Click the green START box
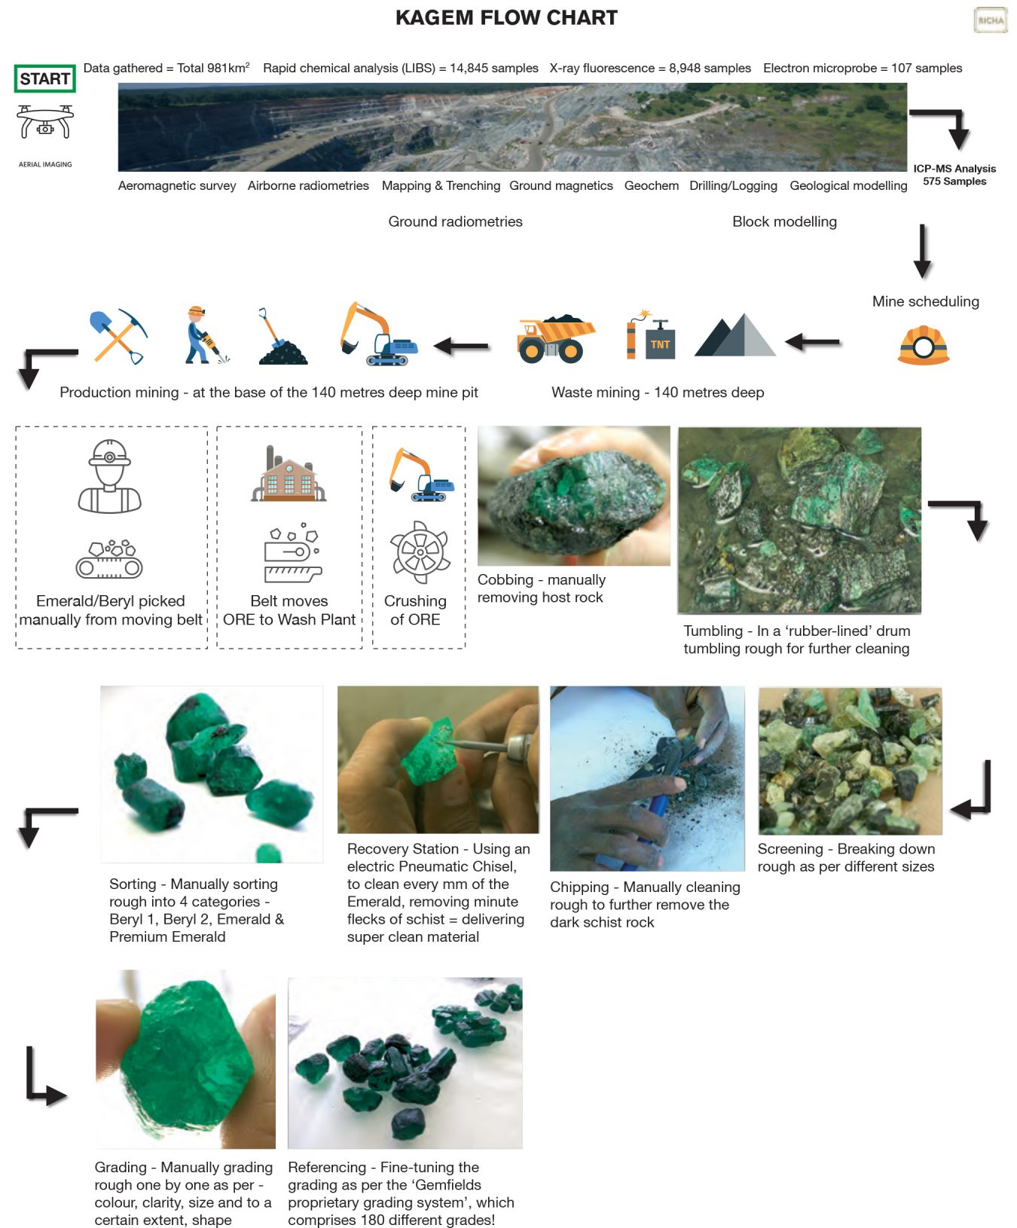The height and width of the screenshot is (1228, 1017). point(45,78)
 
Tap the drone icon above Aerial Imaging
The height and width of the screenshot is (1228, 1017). point(45,122)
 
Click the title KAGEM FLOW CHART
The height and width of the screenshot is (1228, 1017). point(506,18)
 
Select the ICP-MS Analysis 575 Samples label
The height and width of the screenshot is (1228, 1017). point(954,175)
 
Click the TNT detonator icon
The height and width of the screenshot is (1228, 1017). point(651,337)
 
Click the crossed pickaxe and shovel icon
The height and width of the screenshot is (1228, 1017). point(118,336)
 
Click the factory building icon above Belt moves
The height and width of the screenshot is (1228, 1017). point(289,474)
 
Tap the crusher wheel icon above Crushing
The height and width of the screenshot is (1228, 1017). point(419,551)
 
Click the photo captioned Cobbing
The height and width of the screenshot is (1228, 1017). point(573,496)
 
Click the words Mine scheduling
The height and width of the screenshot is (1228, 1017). point(925,301)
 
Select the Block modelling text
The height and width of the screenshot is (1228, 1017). point(784,221)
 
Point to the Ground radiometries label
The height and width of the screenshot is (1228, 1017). point(455,221)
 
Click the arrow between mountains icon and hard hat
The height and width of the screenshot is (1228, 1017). point(813,343)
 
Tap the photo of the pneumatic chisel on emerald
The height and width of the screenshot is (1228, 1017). point(438,759)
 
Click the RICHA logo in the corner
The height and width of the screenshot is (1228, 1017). point(990,20)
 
